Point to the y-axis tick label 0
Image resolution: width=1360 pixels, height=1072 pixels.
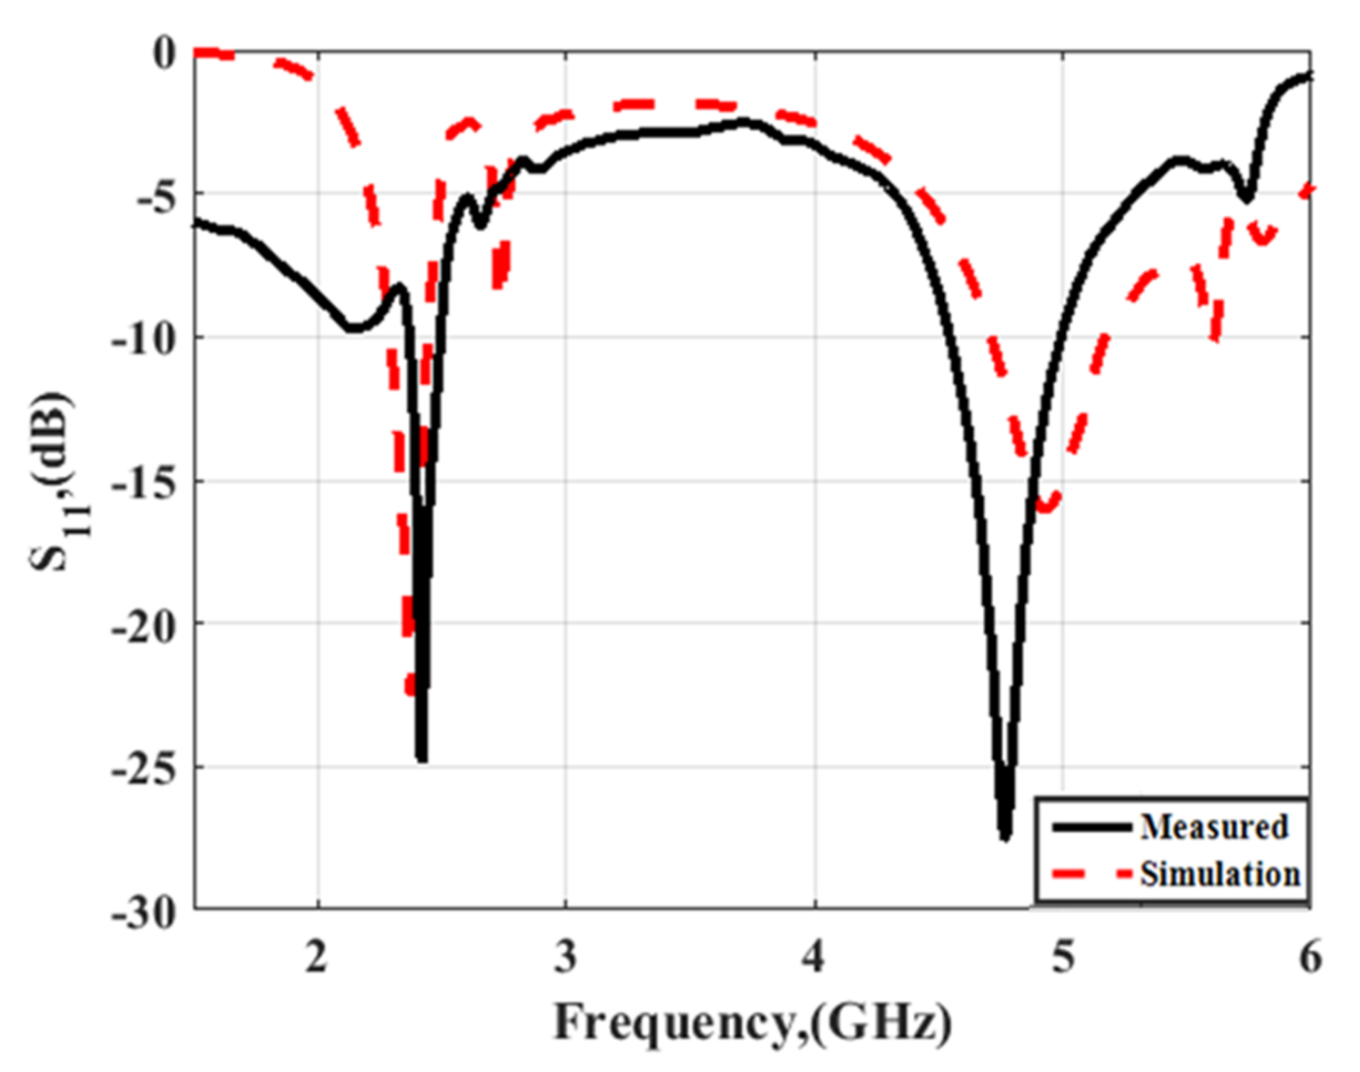tap(164, 54)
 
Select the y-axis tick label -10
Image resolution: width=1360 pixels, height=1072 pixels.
tap(144, 340)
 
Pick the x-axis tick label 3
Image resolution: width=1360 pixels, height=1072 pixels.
tap(565, 957)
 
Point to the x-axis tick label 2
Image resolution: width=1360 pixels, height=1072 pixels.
tap(317, 957)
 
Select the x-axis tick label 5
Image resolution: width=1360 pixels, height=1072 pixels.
tap(1063, 957)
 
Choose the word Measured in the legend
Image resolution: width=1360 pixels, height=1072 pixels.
tap(1213, 827)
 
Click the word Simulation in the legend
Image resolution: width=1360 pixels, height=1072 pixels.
tap(1219, 874)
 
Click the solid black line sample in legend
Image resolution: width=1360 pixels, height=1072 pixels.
tap(1092, 827)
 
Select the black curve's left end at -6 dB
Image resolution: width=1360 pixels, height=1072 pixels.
tap(197, 223)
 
